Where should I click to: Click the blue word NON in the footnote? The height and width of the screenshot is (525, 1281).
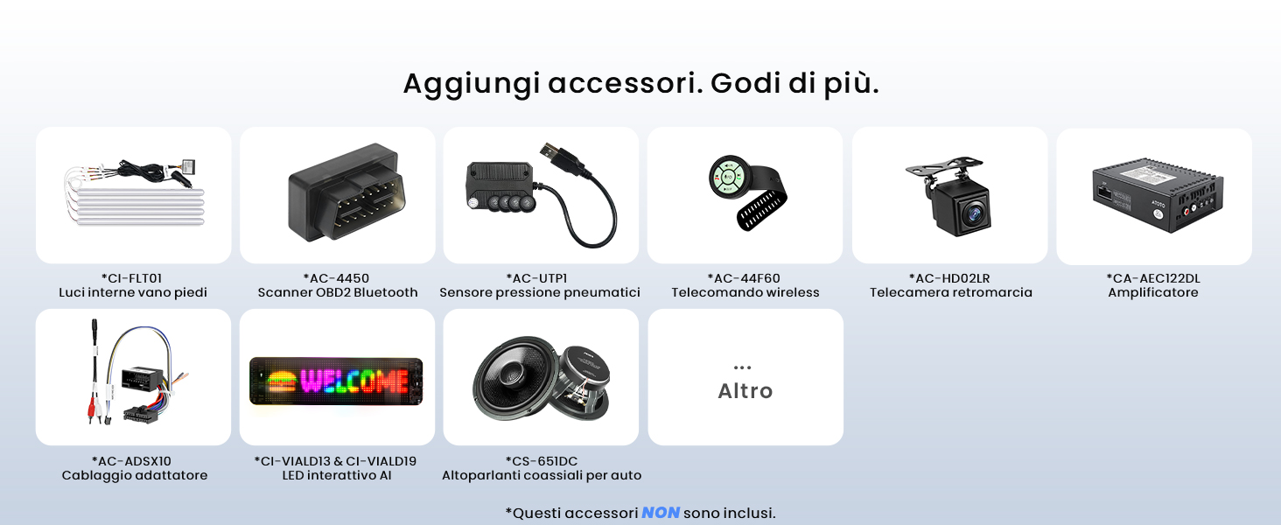click(661, 513)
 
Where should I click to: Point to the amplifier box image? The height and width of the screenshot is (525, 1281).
click(1158, 195)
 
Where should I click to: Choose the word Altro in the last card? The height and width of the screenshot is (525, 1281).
click(745, 391)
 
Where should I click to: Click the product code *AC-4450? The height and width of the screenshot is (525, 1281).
click(336, 278)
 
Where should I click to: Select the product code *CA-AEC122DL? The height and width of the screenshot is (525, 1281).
click(1153, 278)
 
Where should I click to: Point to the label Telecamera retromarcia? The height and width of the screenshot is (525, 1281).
click(950, 293)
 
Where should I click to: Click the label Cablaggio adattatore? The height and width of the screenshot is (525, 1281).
click(135, 476)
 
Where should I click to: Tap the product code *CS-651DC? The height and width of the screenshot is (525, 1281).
click(542, 461)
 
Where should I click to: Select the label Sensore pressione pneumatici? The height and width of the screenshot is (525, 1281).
click(540, 293)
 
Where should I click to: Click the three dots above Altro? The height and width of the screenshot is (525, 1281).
click(742, 367)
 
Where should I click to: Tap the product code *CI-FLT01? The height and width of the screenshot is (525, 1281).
click(131, 278)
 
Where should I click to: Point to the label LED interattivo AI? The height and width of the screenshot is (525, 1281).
click(337, 476)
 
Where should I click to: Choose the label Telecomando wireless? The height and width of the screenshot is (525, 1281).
click(745, 293)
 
